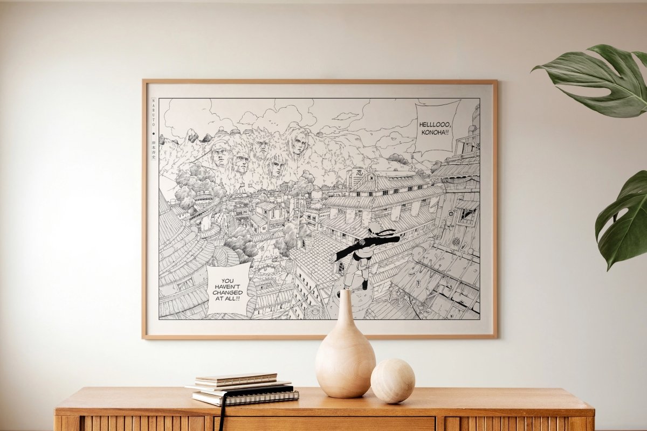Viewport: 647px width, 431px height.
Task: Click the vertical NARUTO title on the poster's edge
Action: pos(154,114)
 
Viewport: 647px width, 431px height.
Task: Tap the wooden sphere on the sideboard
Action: pos(393,381)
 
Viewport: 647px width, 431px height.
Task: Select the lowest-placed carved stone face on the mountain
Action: pos(276,165)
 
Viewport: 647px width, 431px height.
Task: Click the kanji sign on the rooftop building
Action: pos(357,176)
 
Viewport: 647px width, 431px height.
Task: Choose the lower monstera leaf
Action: pos(623,221)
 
